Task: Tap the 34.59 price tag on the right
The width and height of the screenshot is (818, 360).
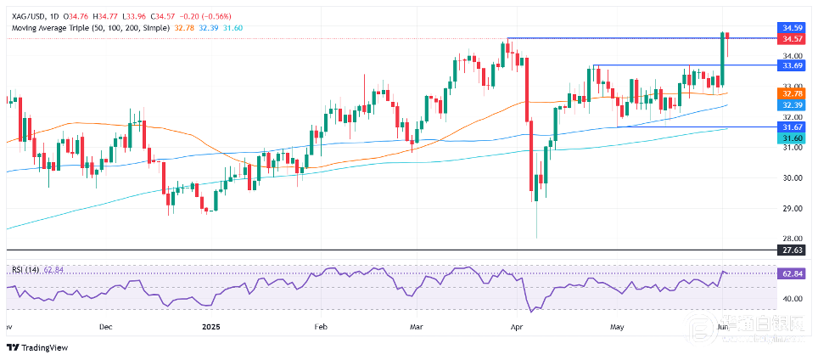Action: pos(793,28)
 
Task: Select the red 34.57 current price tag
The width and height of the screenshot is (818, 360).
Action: pos(793,39)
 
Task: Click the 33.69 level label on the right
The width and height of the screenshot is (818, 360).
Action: pos(793,65)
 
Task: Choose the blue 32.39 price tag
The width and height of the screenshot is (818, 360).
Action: pos(793,104)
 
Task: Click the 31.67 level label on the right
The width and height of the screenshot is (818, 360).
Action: pos(793,127)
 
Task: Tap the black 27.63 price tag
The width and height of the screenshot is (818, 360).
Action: pos(793,250)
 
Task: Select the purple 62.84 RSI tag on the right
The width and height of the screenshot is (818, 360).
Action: pos(793,273)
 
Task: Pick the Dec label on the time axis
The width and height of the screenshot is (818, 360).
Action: pos(105,325)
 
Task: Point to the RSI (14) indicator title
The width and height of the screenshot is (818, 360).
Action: pos(23,270)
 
